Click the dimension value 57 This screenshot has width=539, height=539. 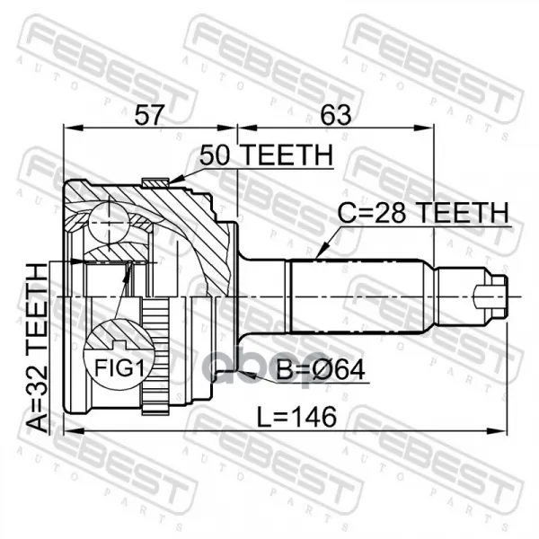tap(148, 116)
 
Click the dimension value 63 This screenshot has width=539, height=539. tap(336, 115)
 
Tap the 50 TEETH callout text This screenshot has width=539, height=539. tap(267, 155)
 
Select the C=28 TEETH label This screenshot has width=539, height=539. tap(423, 213)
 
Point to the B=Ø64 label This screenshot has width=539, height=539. tap(321, 370)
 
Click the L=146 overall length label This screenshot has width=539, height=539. tap(297, 417)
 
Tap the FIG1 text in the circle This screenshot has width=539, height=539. tap(119, 367)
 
